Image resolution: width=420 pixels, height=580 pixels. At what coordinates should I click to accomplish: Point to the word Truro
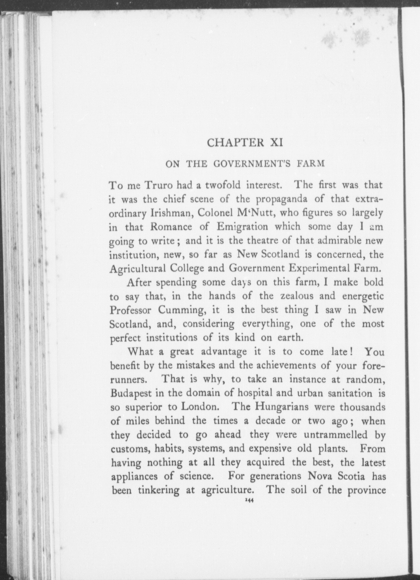pos(159,186)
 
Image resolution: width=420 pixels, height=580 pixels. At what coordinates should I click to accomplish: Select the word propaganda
pos(281,200)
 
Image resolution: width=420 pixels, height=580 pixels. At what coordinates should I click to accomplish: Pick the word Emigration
pos(242,227)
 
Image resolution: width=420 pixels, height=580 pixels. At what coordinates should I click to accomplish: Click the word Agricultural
pos(137,269)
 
